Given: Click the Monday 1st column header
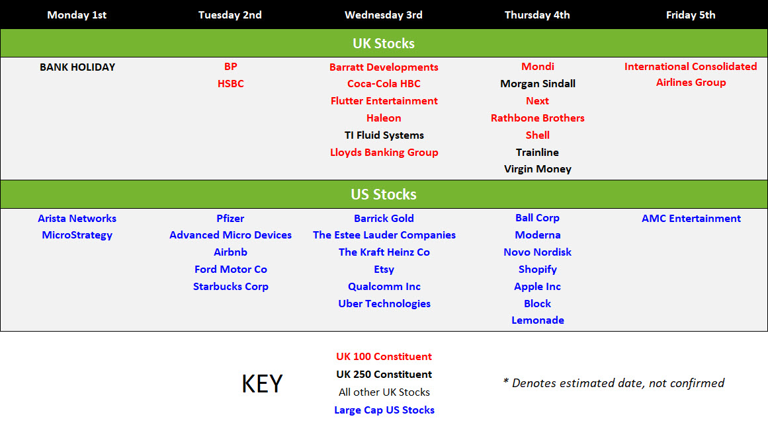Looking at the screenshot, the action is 77,15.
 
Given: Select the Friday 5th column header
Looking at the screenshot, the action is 691,15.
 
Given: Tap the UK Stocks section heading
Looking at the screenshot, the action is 384,44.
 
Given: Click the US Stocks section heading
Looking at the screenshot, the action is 384,194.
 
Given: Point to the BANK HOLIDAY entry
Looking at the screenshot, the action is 77,67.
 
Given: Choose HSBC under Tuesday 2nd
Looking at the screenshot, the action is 231,84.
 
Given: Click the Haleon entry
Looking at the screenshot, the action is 384,118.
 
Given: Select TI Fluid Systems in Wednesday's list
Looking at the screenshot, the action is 384,135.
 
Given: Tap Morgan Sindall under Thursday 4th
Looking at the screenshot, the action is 538,84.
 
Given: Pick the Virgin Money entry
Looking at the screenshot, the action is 538,169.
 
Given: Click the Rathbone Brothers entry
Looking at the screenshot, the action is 538,118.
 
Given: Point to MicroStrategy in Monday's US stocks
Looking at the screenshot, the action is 77,235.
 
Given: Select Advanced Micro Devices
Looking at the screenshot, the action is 231,235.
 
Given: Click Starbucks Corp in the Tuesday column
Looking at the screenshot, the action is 231,286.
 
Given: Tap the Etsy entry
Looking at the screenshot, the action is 384,269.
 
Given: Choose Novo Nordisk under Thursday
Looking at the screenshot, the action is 538,252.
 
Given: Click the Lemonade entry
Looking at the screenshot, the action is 538,320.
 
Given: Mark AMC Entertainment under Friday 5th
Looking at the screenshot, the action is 691,218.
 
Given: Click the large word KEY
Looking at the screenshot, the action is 262,384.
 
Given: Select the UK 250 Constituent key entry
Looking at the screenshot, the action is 384,375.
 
